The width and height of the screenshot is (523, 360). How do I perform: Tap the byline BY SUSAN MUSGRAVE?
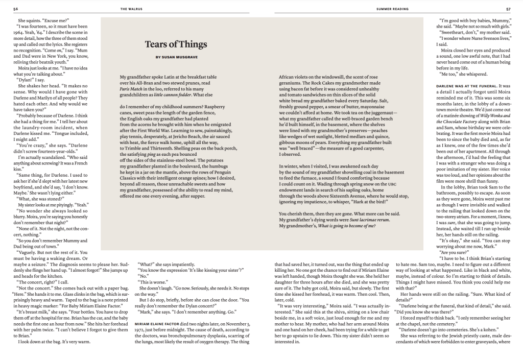click(x=175, y=57)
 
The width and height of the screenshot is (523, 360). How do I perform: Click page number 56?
click(x=15, y=8)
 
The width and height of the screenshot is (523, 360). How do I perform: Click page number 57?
click(x=508, y=8)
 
